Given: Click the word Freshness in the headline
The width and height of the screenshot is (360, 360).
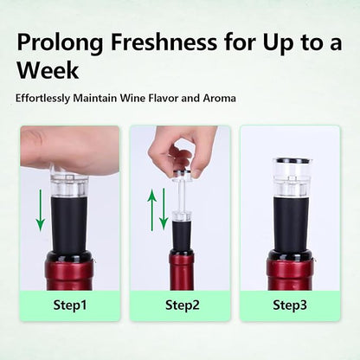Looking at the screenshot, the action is [164, 42].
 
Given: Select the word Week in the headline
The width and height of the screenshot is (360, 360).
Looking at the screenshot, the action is [48, 70].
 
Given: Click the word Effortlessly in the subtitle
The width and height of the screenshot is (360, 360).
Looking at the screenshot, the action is [42, 99].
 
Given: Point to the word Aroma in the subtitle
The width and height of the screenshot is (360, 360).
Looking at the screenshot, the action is [219, 98].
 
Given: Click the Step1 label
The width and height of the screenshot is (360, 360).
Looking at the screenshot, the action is [70, 305].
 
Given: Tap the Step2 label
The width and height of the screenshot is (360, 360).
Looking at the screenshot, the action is [183, 305].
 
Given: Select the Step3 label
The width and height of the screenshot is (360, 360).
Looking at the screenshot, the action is [290, 305].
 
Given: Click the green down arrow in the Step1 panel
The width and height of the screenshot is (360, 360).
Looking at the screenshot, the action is [41, 210].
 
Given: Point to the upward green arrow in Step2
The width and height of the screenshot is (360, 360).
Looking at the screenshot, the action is [152, 210].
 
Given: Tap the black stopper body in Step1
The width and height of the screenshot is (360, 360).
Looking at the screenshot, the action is [69, 224].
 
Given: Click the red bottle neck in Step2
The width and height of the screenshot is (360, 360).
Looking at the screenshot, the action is [182, 269].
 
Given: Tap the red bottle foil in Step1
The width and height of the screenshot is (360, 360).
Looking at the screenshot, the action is [69, 274].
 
